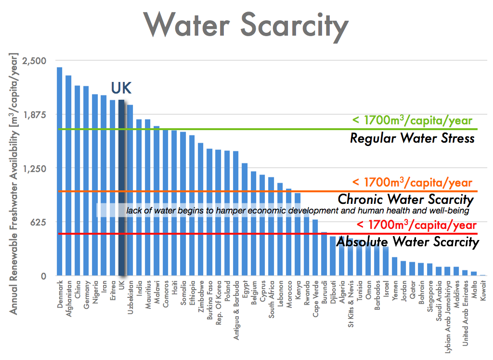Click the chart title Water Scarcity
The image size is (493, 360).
[x=246, y=25]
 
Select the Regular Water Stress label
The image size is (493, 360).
[x=412, y=139]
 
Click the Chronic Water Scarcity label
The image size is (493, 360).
[x=405, y=199]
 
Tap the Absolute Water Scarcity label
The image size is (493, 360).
[x=407, y=241]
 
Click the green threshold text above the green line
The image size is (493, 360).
[x=412, y=120]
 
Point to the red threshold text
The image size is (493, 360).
[x=417, y=225]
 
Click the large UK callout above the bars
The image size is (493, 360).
[x=121, y=88]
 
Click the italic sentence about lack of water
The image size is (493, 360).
[x=297, y=211]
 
